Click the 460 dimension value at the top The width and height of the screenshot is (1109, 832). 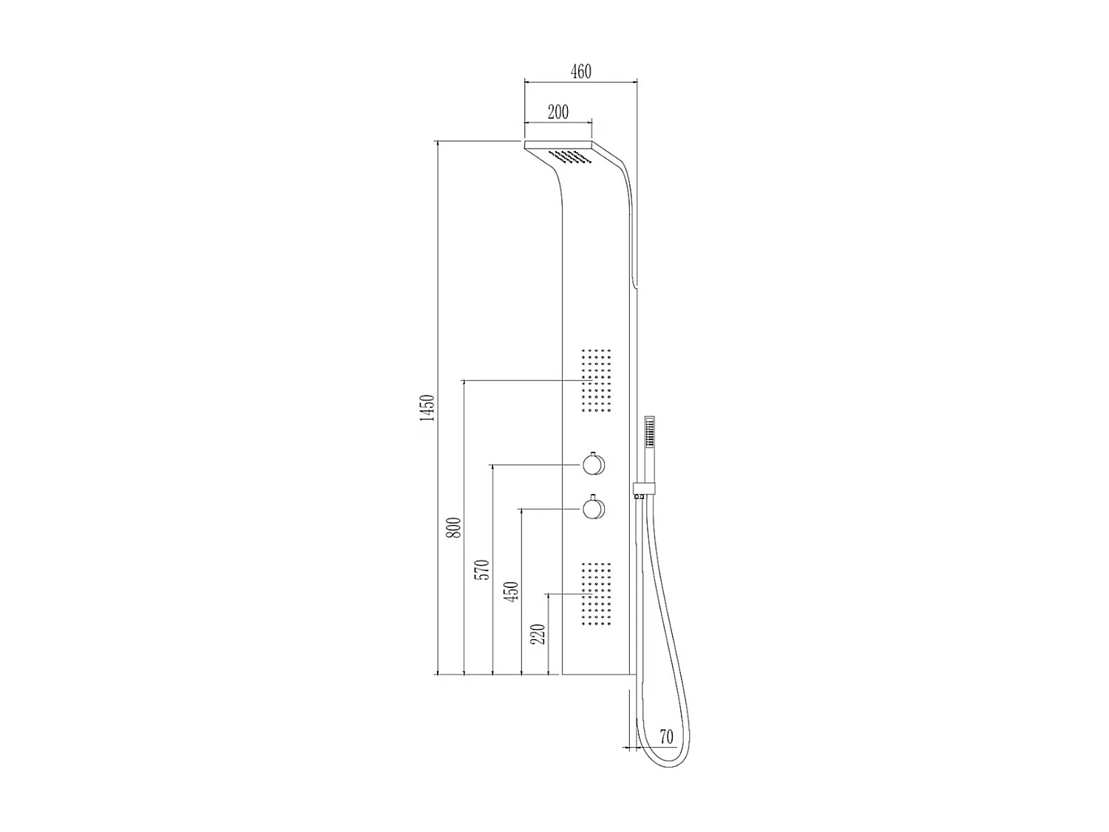point(581,72)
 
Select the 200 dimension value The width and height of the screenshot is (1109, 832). point(558,112)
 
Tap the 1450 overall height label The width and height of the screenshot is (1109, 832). point(427,408)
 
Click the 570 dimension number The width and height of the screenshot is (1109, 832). point(483,569)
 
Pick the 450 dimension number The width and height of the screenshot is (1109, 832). point(512,591)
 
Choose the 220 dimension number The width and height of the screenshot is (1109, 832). point(540,634)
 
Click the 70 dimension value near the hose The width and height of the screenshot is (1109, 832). point(666,737)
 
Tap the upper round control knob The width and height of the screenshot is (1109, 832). point(594,465)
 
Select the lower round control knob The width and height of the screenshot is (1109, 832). point(594,509)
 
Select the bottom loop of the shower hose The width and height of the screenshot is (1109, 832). point(660,760)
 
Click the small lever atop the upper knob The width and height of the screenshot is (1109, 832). point(594,451)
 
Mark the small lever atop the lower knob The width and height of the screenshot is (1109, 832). point(594,495)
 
